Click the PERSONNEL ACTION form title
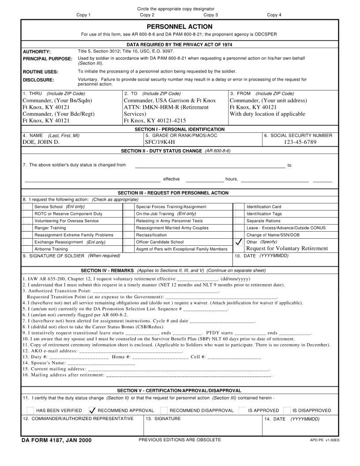click(x=180, y=27)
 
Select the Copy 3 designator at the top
click(x=210, y=15)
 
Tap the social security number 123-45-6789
click(x=298, y=142)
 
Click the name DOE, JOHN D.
click(x=41, y=142)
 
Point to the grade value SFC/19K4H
click(x=160, y=142)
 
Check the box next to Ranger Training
click(x=28, y=228)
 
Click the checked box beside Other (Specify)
click(x=239, y=242)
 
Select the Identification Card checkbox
click(x=239, y=207)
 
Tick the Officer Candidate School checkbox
click(x=128, y=242)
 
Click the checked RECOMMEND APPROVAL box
click(x=92, y=410)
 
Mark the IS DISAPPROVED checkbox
click(x=287, y=410)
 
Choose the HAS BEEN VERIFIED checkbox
click(x=30, y=410)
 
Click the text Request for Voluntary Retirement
click(x=287, y=248)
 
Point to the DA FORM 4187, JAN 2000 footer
click(x=56, y=440)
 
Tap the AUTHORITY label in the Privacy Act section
click(x=37, y=52)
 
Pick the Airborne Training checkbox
click(x=28, y=249)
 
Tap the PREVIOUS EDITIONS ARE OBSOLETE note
click(x=180, y=440)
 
